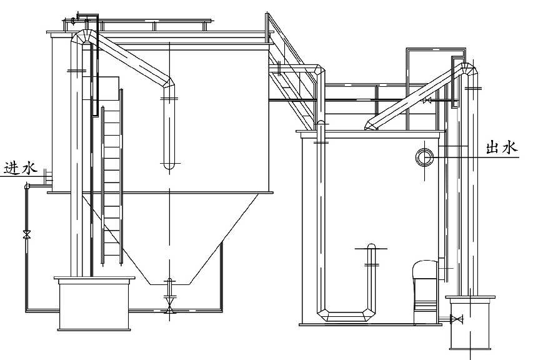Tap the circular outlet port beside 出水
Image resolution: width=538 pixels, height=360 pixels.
point(424,156)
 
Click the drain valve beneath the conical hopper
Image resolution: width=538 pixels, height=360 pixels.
point(169,307)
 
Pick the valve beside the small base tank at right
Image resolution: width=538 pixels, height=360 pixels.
point(456,319)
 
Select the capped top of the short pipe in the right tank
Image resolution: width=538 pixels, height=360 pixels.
point(371,246)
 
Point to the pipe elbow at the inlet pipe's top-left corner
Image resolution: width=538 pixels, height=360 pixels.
point(27,186)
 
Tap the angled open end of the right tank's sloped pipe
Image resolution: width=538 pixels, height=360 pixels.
point(370,127)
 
